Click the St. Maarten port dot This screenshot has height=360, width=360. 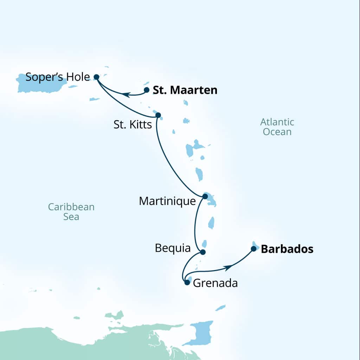147,90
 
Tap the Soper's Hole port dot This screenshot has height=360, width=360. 96,76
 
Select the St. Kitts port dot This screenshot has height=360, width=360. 158,115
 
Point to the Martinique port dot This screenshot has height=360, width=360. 205,196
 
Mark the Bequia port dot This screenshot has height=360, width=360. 202,252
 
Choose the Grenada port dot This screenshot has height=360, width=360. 187,282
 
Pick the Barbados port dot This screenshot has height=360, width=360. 253,249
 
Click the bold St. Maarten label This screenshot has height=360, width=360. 185,90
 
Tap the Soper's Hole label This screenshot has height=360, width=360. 58,77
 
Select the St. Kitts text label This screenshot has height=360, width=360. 133,124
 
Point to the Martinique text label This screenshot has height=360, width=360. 167,201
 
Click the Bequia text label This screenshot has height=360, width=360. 173,249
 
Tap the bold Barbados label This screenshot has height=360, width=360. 287,249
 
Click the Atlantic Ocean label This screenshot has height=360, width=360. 277,127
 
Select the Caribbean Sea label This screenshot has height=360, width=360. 71,212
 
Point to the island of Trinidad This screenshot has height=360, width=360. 201,332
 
